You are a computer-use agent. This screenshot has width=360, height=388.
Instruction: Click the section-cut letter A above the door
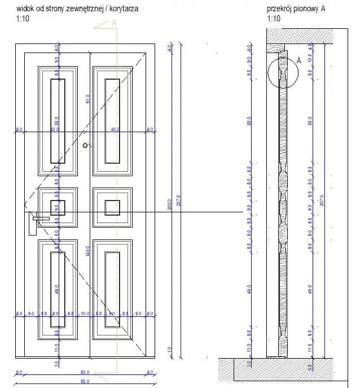(x=114, y=23)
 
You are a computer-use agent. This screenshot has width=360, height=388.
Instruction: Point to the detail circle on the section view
(x=285, y=70)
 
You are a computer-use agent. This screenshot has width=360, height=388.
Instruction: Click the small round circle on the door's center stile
(x=85, y=146)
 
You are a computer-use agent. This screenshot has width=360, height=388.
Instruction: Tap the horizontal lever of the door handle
(x=41, y=217)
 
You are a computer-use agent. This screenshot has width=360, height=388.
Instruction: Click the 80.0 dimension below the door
(x=84, y=372)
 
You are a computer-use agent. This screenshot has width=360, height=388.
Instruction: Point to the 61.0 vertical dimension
(x=87, y=99)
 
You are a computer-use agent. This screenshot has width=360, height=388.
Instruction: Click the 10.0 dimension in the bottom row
(x=85, y=313)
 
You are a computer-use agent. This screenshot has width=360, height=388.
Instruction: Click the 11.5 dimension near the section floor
(x=309, y=346)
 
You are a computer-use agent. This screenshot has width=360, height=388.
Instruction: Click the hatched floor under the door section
(x=282, y=370)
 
